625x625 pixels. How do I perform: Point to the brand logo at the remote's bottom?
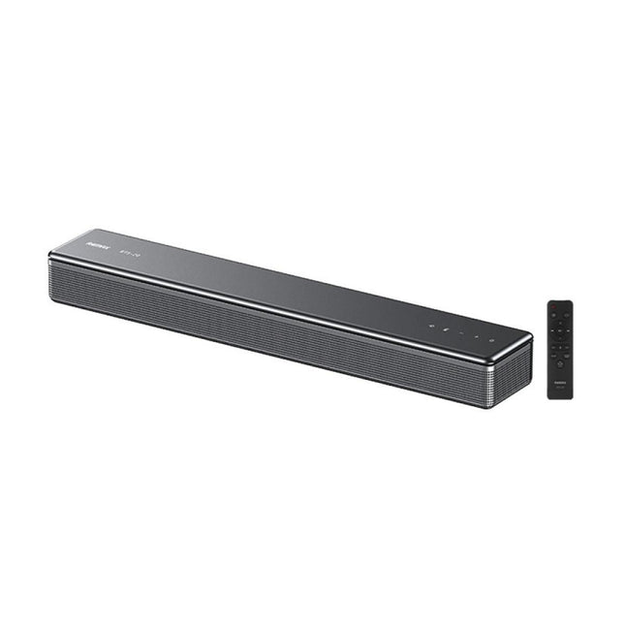pyautogui.click(x=560, y=382)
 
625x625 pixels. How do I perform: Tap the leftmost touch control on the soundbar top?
pyautogui.click(x=432, y=326)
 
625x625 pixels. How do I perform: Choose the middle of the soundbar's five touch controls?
pyautogui.click(x=461, y=333)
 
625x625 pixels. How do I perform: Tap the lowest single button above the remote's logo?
pyautogui.click(x=560, y=362)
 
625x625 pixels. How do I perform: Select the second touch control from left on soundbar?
pyautogui.click(x=447, y=329)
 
